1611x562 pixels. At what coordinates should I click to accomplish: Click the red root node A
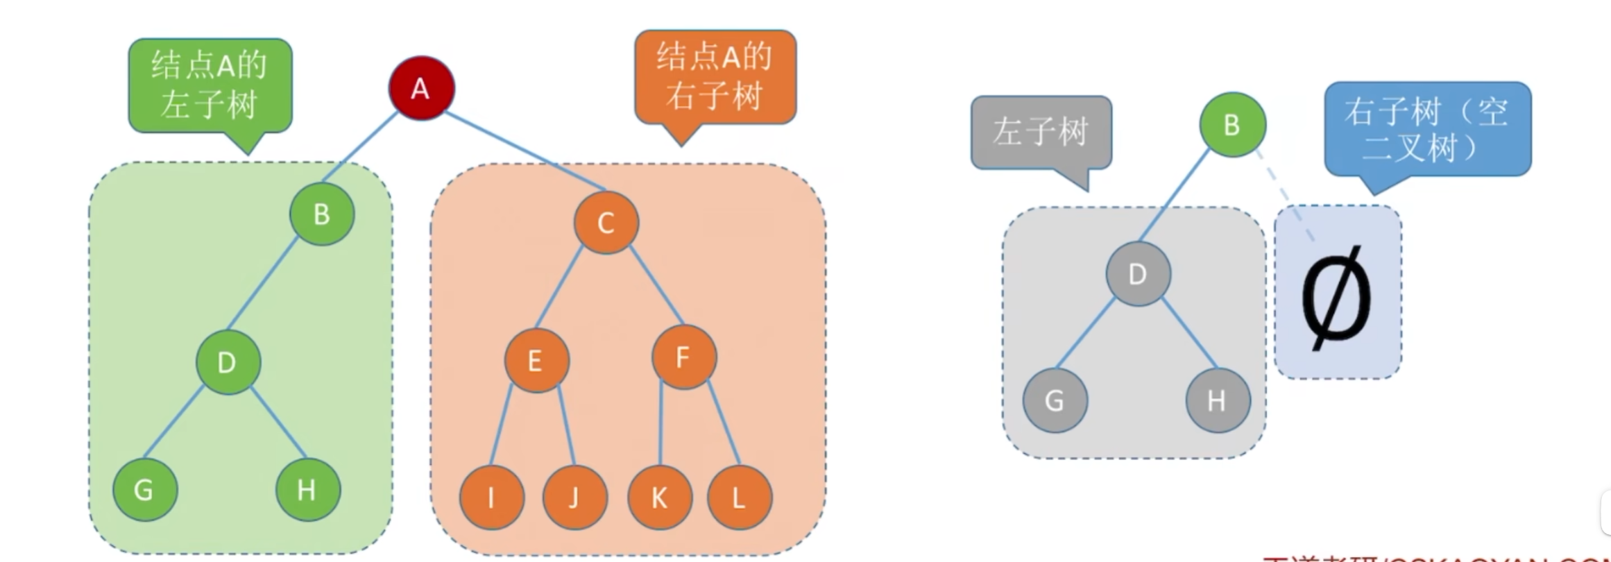(x=421, y=88)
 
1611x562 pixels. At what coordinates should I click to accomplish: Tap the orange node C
(x=606, y=222)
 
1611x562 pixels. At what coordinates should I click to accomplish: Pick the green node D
(x=228, y=362)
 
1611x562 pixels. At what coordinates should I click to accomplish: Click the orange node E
(x=536, y=360)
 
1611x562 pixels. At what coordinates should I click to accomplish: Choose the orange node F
(x=683, y=357)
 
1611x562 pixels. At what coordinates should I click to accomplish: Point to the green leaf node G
(x=144, y=489)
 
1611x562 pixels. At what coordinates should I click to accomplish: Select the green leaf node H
(x=307, y=489)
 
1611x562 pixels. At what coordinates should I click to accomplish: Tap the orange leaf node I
(x=491, y=497)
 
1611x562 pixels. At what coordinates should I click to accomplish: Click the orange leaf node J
(x=574, y=497)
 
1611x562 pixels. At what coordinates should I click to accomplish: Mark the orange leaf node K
(x=659, y=497)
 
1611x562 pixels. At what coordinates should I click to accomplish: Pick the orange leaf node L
(x=739, y=497)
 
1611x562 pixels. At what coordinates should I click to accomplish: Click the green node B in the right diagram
(x=1232, y=125)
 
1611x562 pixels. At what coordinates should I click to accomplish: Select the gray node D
(x=1138, y=274)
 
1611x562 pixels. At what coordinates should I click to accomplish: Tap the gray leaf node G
(x=1055, y=400)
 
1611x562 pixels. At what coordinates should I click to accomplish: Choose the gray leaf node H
(x=1218, y=400)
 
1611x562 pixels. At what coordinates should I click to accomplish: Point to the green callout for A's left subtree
(x=210, y=85)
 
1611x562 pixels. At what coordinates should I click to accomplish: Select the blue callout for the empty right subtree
(x=1427, y=129)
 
